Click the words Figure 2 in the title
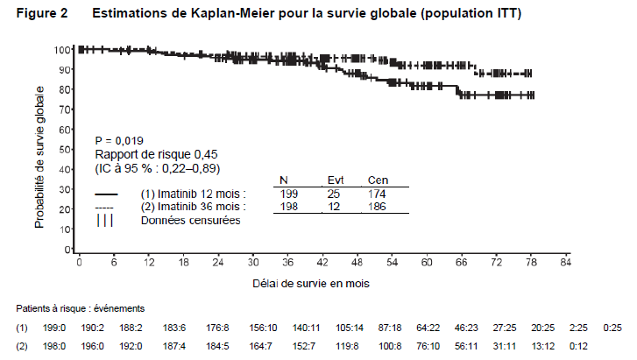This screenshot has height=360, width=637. (x=42, y=13)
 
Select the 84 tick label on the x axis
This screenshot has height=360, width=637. (x=566, y=263)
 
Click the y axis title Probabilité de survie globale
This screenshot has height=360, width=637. (x=39, y=158)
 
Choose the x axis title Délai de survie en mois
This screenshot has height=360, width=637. (x=311, y=283)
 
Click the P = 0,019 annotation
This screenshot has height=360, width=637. (x=119, y=141)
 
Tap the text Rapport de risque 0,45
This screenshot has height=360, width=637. (x=156, y=154)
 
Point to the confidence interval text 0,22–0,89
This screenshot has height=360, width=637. (x=190, y=168)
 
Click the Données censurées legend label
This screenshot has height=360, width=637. (x=190, y=220)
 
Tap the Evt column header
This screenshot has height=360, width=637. (x=336, y=180)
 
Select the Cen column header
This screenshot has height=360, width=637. (x=378, y=180)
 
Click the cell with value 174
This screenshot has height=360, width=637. (x=377, y=194)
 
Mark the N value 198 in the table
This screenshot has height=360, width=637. (x=289, y=207)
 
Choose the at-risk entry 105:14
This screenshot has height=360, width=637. (x=350, y=328)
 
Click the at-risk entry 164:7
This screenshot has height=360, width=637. (x=263, y=346)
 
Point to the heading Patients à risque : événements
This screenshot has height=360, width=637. (x=81, y=309)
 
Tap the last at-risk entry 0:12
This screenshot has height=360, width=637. (x=578, y=346)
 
